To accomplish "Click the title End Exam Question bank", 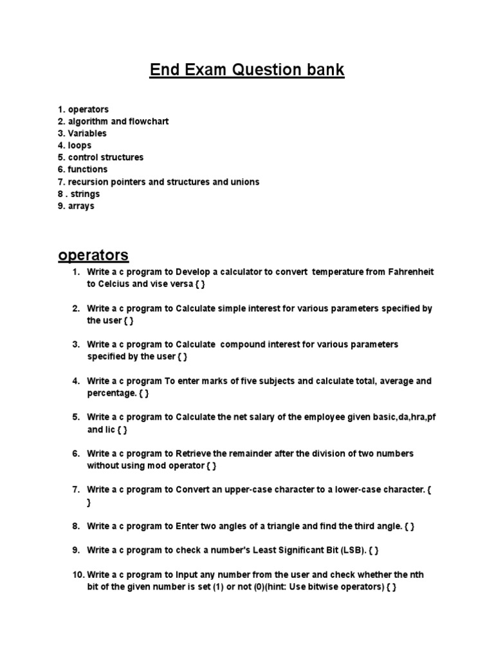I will click(247, 70).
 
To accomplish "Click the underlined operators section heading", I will click(93, 255).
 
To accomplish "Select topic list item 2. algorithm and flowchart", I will click(113, 122).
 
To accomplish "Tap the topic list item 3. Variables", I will click(82, 133).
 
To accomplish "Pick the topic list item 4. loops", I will click(75, 145).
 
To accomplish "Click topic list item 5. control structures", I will click(100, 158).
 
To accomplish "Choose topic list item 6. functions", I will click(83, 169).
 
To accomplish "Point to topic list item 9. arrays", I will click(76, 206).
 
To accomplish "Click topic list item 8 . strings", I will click(79, 194).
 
